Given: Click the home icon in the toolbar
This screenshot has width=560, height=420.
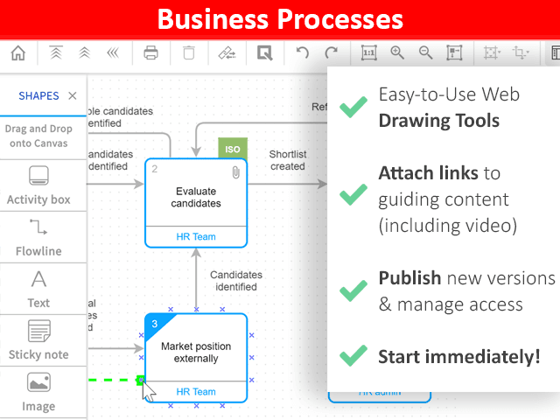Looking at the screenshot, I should pyautogui.click(x=17, y=53).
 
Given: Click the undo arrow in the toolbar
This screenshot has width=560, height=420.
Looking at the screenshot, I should pyautogui.click(x=303, y=53).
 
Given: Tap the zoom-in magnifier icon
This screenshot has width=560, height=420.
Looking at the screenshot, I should pyautogui.click(x=397, y=53).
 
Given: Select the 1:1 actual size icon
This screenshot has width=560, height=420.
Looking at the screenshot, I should pyautogui.click(x=369, y=53).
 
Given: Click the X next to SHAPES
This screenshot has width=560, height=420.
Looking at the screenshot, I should pyautogui.click(x=73, y=95).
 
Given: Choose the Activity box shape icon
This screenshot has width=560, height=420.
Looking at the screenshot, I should pyautogui.click(x=38, y=175).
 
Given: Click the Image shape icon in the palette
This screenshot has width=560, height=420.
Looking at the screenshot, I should pyautogui.click(x=38, y=382).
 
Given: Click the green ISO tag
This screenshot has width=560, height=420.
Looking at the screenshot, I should pyautogui.click(x=233, y=149).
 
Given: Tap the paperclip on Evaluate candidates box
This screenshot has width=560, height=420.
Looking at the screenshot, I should pyautogui.click(x=235, y=172).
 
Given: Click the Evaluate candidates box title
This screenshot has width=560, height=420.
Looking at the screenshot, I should pyautogui.click(x=197, y=197).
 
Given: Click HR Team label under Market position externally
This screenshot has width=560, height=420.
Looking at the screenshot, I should pyautogui.click(x=196, y=392).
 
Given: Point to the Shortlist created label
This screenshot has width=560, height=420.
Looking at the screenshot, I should pyautogui.click(x=287, y=160).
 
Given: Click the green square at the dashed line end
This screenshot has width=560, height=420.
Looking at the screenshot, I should pyautogui.click(x=139, y=380).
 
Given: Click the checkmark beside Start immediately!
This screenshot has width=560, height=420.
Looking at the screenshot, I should pyautogui.click(x=353, y=356).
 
